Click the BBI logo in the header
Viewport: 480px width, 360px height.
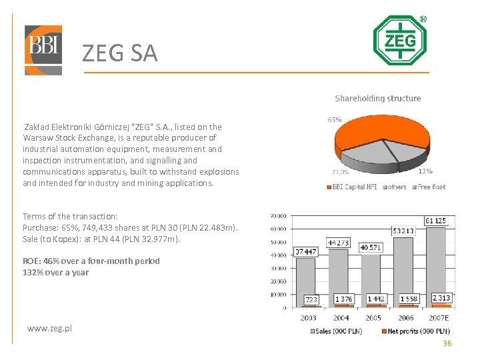click(43, 50)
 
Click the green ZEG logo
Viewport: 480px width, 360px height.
click(399, 41)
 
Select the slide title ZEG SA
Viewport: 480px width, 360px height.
click(120, 53)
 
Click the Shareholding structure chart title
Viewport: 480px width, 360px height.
click(378, 99)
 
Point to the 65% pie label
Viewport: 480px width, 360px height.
click(335, 120)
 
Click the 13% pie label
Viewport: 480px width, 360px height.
click(425, 171)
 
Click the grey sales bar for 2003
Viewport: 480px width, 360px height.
click(305, 280)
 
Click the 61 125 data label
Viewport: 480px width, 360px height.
click(437, 221)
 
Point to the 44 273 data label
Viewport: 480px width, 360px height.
click(338, 243)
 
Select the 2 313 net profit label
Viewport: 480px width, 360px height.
click(441, 298)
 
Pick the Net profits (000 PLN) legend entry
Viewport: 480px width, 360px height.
click(419, 331)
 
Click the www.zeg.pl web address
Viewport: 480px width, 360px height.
click(50, 328)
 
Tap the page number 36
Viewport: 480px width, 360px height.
click(447, 343)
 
